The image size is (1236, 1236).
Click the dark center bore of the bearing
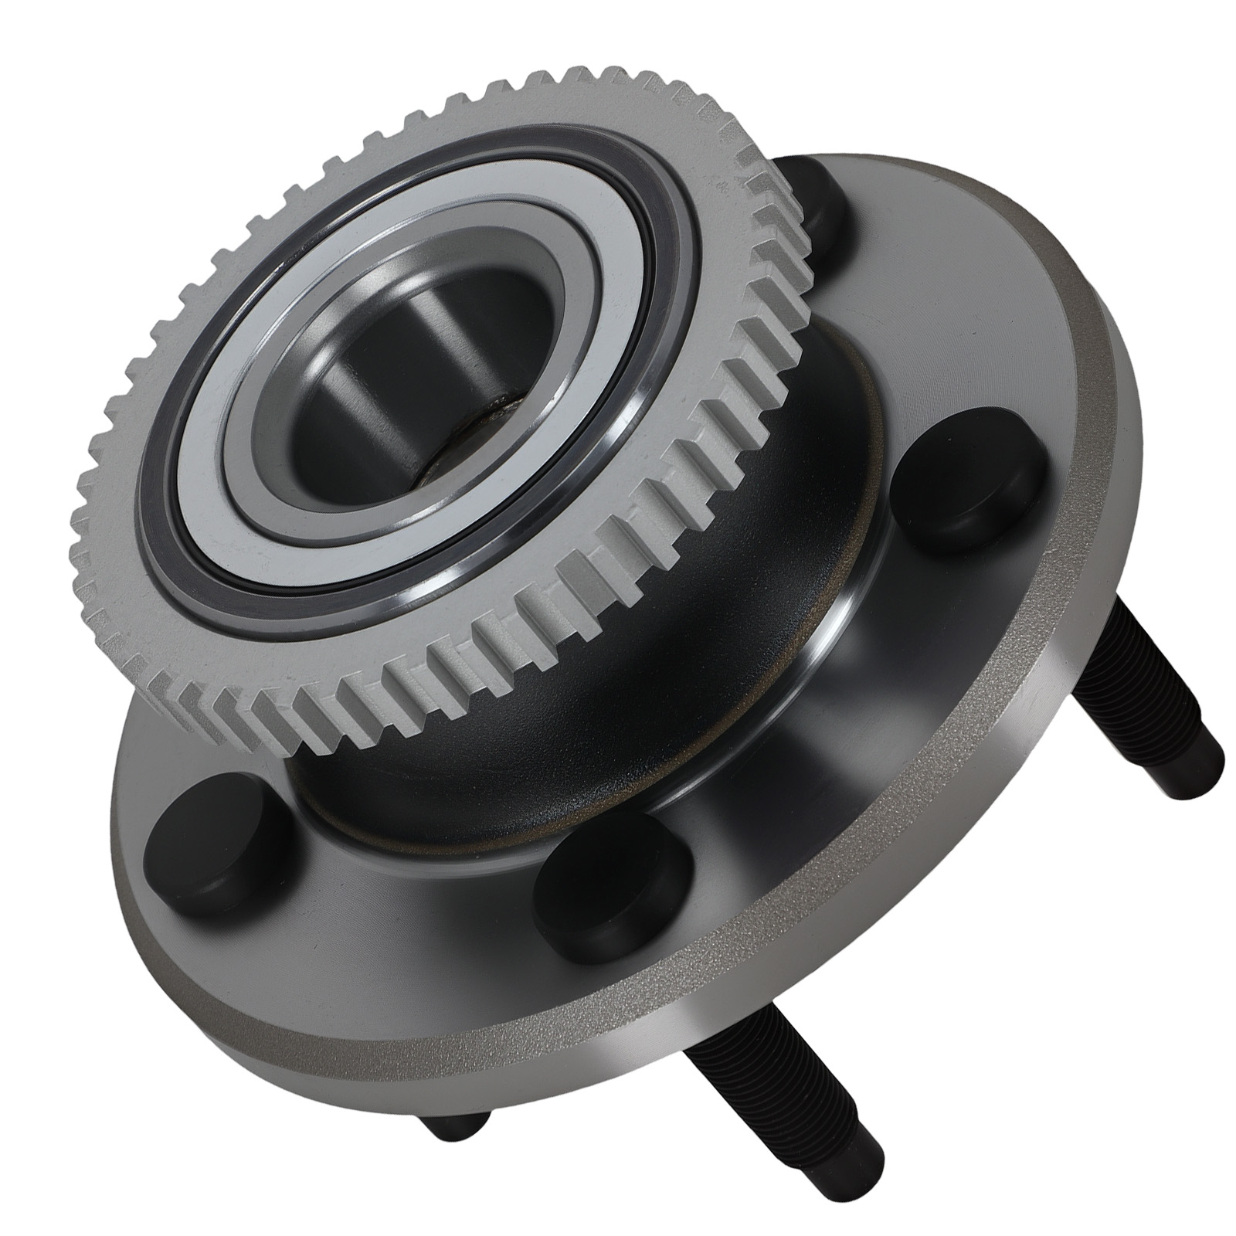386,402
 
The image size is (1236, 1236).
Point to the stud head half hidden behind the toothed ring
819,209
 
